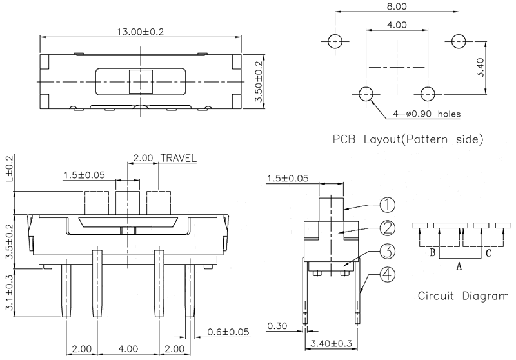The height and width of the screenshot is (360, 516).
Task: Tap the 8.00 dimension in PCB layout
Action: pos(396,6)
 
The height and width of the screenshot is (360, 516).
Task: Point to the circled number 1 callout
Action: pos(386,205)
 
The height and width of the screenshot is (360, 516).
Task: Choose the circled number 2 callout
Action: pos(386,228)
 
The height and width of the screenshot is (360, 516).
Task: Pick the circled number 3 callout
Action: pos(386,252)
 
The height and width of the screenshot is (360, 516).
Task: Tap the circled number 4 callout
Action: pos(386,275)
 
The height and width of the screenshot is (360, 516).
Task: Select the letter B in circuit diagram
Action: pos(432,253)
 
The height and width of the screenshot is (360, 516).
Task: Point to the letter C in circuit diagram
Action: pos(489,254)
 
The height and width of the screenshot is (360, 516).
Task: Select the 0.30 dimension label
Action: pos(275,326)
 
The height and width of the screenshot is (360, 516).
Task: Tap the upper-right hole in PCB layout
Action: pos(458,42)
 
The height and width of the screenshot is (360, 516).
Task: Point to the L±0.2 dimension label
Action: pos(8,173)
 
